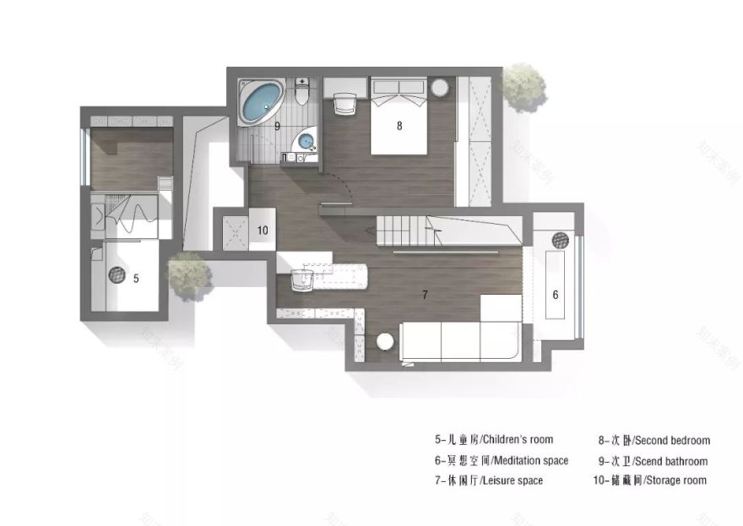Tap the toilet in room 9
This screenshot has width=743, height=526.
click(303, 90)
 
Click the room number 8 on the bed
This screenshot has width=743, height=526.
click(399, 126)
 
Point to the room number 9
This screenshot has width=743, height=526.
click(277, 125)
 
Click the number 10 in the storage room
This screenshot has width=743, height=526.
click(262, 230)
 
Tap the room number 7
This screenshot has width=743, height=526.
click(425, 295)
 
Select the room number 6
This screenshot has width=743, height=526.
click(555, 295)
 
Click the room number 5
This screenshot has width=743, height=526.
click(136, 276)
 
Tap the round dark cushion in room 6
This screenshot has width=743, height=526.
click(560, 239)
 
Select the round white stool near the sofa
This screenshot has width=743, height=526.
click(385, 342)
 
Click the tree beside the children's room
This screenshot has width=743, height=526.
click(187, 274)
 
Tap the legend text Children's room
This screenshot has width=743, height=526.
click(494, 439)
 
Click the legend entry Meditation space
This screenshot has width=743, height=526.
click(501, 460)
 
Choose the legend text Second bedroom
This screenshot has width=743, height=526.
click(654, 440)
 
